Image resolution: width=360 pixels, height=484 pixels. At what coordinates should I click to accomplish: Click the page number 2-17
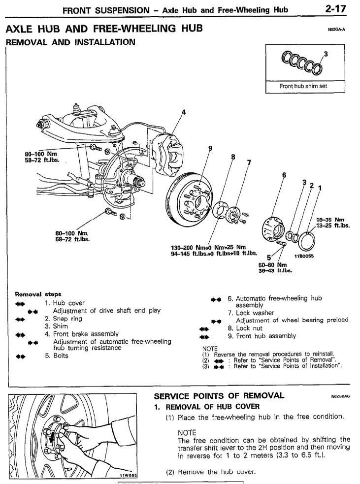pyautogui.click(x=338, y=8)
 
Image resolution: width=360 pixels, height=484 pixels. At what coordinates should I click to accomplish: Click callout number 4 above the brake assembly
pyautogui.click(x=184, y=112)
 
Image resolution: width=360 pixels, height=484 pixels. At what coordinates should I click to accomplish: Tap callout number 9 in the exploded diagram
pyautogui.click(x=210, y=148)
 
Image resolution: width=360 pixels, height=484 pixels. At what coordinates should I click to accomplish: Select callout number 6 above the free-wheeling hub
pyautogui.click(x=284, y=174)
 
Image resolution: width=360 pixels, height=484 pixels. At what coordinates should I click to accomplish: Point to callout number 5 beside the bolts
pyautogui.click(x=269, y=256)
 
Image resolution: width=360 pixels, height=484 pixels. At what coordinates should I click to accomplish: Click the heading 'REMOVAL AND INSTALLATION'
pyautogui.click(x=70, y=42)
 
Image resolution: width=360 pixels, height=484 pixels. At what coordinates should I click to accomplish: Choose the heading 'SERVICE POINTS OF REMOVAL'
pyautogui.click(x=219, y=395)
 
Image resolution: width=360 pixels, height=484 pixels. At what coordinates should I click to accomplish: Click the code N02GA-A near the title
pyautogui.click(x=337, y=30)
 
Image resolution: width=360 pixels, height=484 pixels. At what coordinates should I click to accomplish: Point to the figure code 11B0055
pyautogui.click(x=304, y=256)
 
